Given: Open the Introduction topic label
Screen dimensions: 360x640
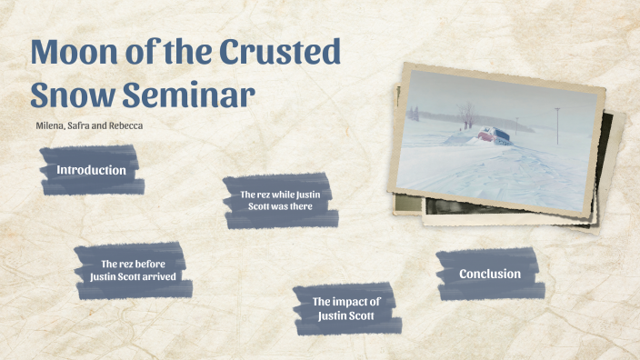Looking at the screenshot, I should click(91, 170).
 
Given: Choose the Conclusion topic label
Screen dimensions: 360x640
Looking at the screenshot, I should click(490, 274).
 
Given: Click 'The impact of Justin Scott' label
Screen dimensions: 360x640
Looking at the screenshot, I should click(345, 308).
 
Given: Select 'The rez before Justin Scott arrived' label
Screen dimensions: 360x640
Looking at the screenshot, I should click(133, 270).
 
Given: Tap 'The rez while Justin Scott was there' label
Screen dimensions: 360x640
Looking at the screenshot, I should click(279, 200).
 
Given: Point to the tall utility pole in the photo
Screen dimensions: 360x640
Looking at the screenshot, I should click(555, 123).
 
